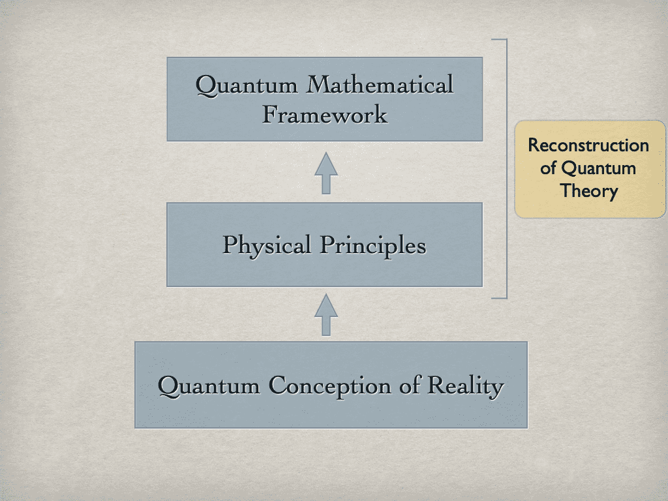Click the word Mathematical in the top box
(x=380, y=85)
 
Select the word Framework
(x=325, y=115)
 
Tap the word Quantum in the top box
(x=248, y=85)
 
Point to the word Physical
(x=267, y=245)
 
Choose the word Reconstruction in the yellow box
(x=588, y=145)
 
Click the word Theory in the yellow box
(x=589, y=191)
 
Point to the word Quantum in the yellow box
(x=598, y=168)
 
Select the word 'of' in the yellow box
(x=549, y=168)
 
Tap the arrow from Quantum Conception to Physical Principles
(x=326, y=314)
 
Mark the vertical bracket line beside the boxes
(x=506, y=168)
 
